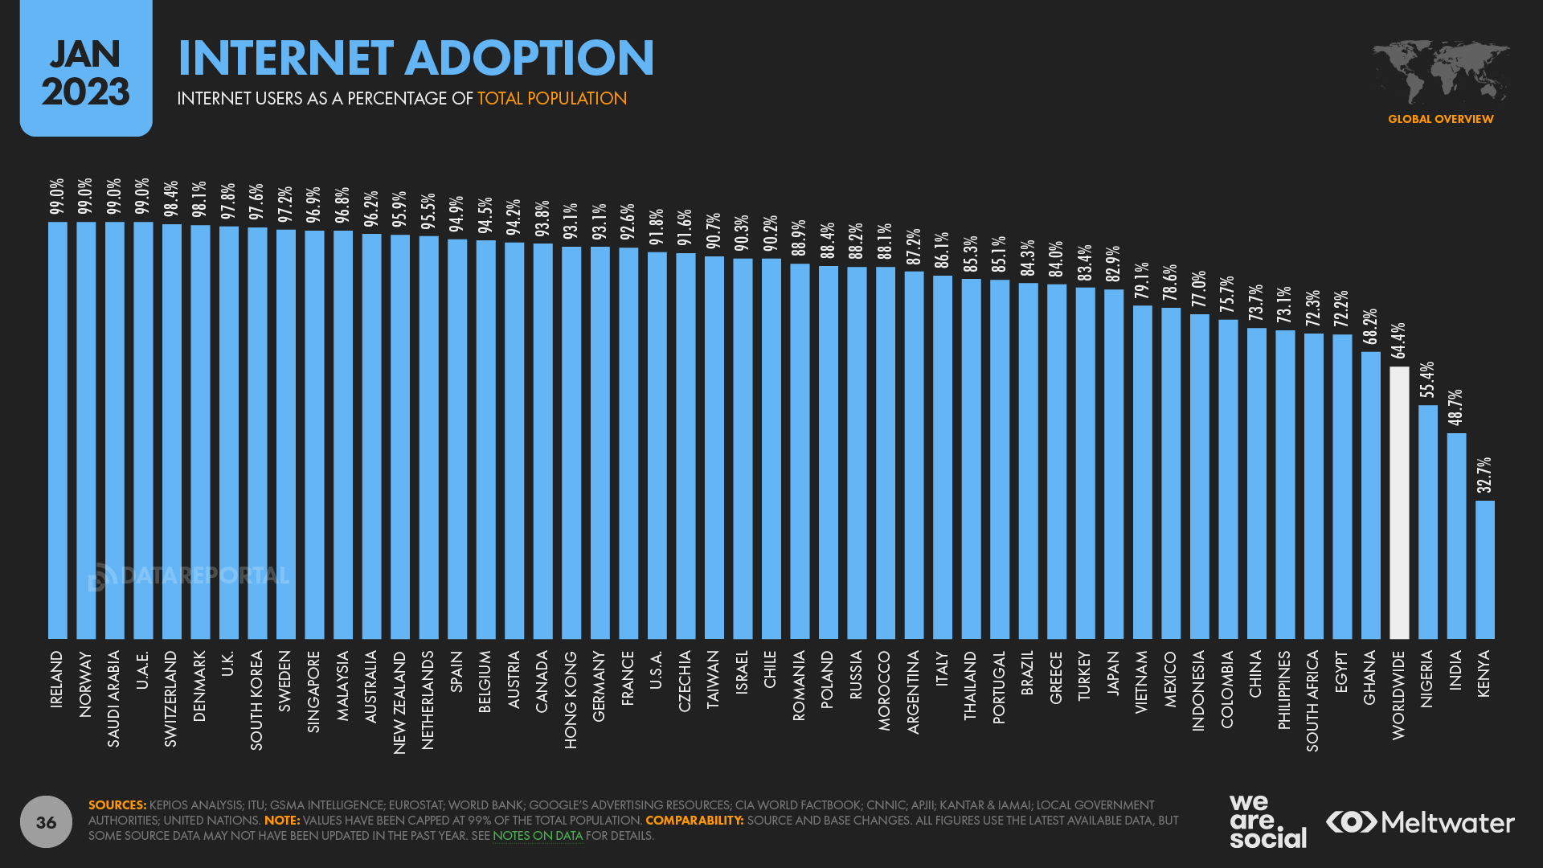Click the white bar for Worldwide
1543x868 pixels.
coord(1399,503)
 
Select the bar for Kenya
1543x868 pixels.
coord(1484,570)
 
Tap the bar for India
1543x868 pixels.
coord(1456,536)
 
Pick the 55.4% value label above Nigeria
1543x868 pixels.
coord(1427,380)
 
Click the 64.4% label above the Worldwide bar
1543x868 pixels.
coord(1399,341)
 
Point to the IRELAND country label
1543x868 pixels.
coord(57,679)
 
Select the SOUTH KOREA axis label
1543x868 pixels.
coord(257,700)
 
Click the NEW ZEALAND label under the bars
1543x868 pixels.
coord(399,702)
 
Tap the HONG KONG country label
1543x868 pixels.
coord(571,699)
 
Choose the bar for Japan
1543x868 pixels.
coord(1114,465)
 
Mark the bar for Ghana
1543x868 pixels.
coord(1370,495)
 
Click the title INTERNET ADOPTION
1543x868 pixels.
coord(415,58)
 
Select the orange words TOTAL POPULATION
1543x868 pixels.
coord(552,99)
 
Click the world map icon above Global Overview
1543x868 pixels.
coord(1440,72)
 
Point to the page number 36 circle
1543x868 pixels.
coord(46,821)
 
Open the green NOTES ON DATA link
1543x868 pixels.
coord(537,836)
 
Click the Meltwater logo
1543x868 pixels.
coord(1420,822)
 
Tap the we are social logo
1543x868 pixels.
coord(1267,821)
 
